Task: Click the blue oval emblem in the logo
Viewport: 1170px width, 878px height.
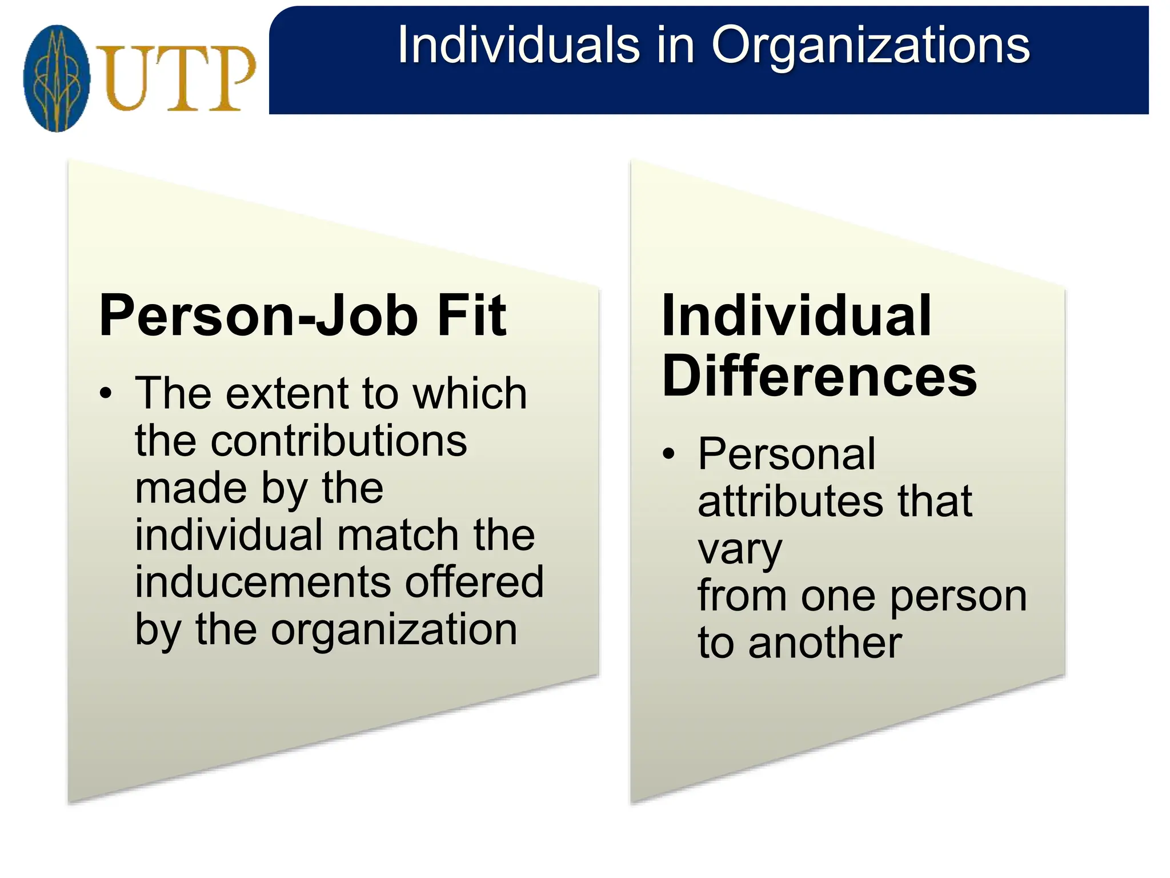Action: click(57, 78)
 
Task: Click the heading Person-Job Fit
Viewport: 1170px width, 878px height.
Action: click(302, 316)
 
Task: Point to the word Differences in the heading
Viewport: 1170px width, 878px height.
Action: click(819, 376)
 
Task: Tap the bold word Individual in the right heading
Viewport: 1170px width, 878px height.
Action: click(796, 316)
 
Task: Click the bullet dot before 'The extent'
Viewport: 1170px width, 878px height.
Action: click(106, 394)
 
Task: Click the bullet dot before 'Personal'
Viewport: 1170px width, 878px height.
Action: click(668, 454)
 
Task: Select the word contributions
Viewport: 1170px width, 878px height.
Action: click(301, 441)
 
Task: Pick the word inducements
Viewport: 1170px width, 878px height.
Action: click(263, 582)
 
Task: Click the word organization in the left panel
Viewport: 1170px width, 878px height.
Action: click(394, 630)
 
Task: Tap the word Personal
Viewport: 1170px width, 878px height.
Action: click(786, 454)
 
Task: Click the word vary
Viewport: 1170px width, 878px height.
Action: click(740, 550)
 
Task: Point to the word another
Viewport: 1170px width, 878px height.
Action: click(825, 643)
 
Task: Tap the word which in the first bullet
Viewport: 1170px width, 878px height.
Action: click(470, 394)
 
